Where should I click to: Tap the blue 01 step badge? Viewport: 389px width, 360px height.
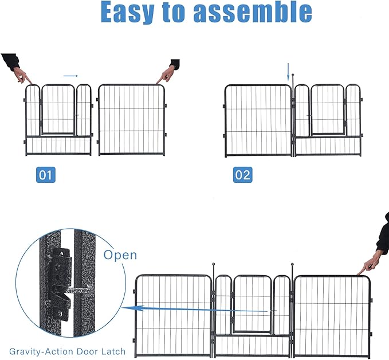click(46, 174)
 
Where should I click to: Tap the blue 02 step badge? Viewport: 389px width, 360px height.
click(242, 174)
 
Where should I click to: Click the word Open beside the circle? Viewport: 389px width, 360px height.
click(120, 254)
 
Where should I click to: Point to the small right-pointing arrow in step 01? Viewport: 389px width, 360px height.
click(70, 75)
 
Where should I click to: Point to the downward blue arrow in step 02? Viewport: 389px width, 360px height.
click(289, 72)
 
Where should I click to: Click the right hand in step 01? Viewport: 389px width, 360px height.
click(167, 73)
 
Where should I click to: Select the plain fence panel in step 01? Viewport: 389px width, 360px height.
click(131, 119)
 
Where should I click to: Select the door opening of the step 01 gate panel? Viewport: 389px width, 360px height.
click(58, 109)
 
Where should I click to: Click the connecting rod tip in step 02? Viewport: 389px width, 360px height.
click(293, 75)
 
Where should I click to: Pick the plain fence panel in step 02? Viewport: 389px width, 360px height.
click(258, 119)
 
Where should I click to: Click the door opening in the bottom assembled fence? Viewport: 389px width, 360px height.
click(253, 304)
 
